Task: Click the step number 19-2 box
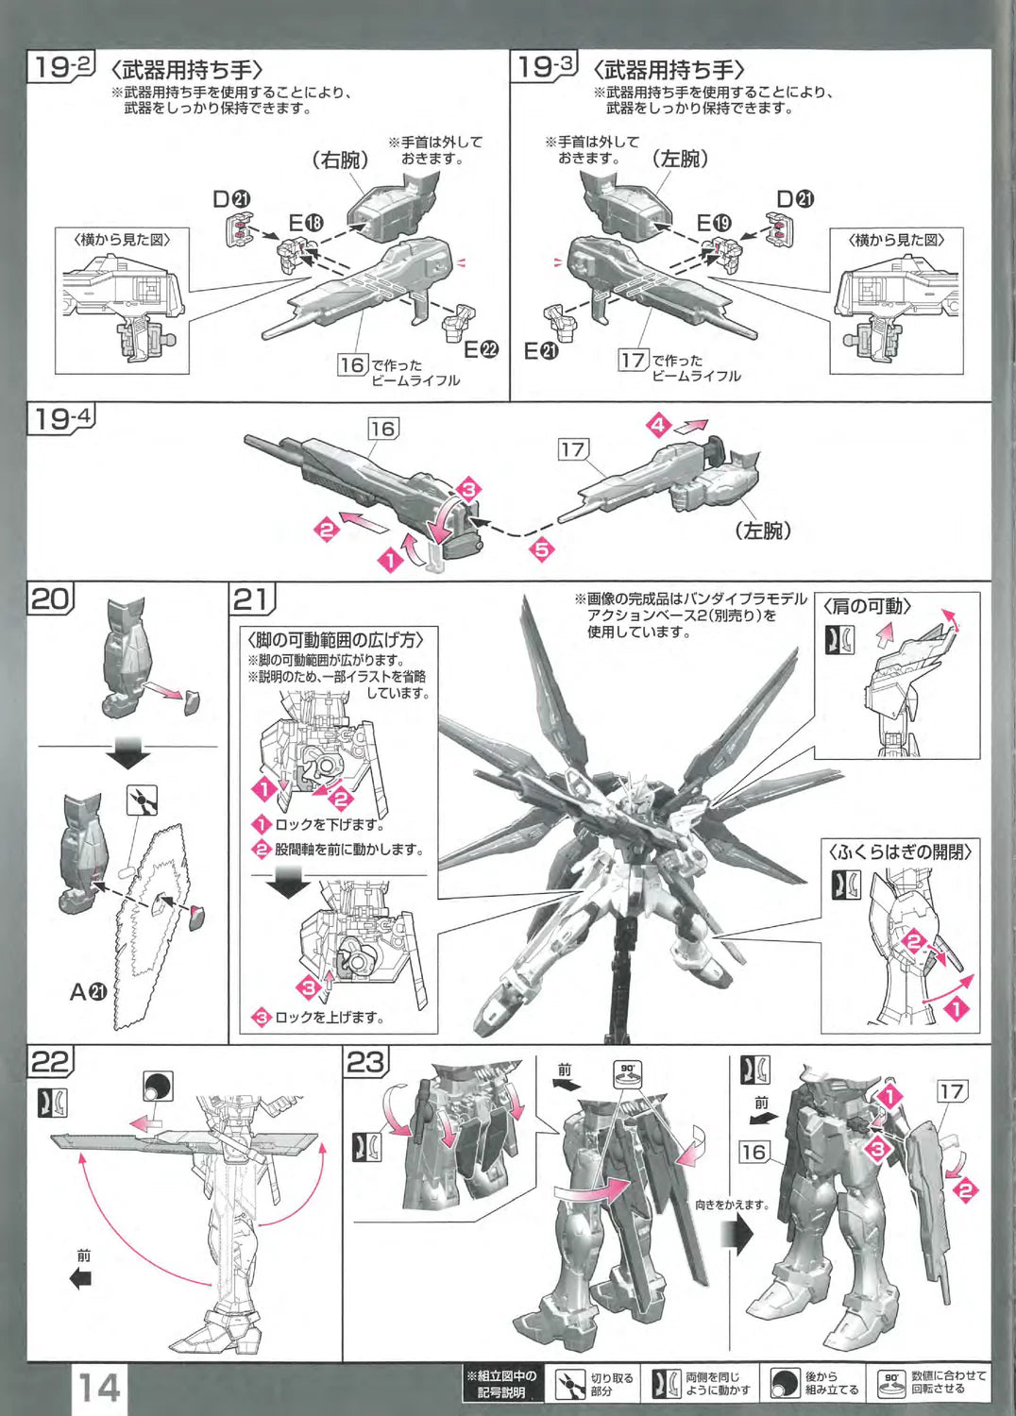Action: coord(61,67)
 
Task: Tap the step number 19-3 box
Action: coord(545,67)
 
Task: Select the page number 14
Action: coord(98,1387)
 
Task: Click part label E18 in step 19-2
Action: coord(306,223)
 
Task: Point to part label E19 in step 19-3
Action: coord(714,223)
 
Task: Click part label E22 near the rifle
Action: coord(481,349)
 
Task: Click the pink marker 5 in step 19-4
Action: coord(542,548)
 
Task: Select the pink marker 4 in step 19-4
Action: coord(659,425)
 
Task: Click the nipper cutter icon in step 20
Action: coord(142,801)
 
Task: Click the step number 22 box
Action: coord(50,1062)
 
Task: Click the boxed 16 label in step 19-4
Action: coord(382,429)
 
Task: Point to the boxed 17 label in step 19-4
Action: coord(572,449)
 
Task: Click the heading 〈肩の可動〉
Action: coord(867,606)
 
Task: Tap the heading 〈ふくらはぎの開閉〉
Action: coord(900,851)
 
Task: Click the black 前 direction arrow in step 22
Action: coord(81,1279)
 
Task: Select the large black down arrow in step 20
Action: coord(128,753)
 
